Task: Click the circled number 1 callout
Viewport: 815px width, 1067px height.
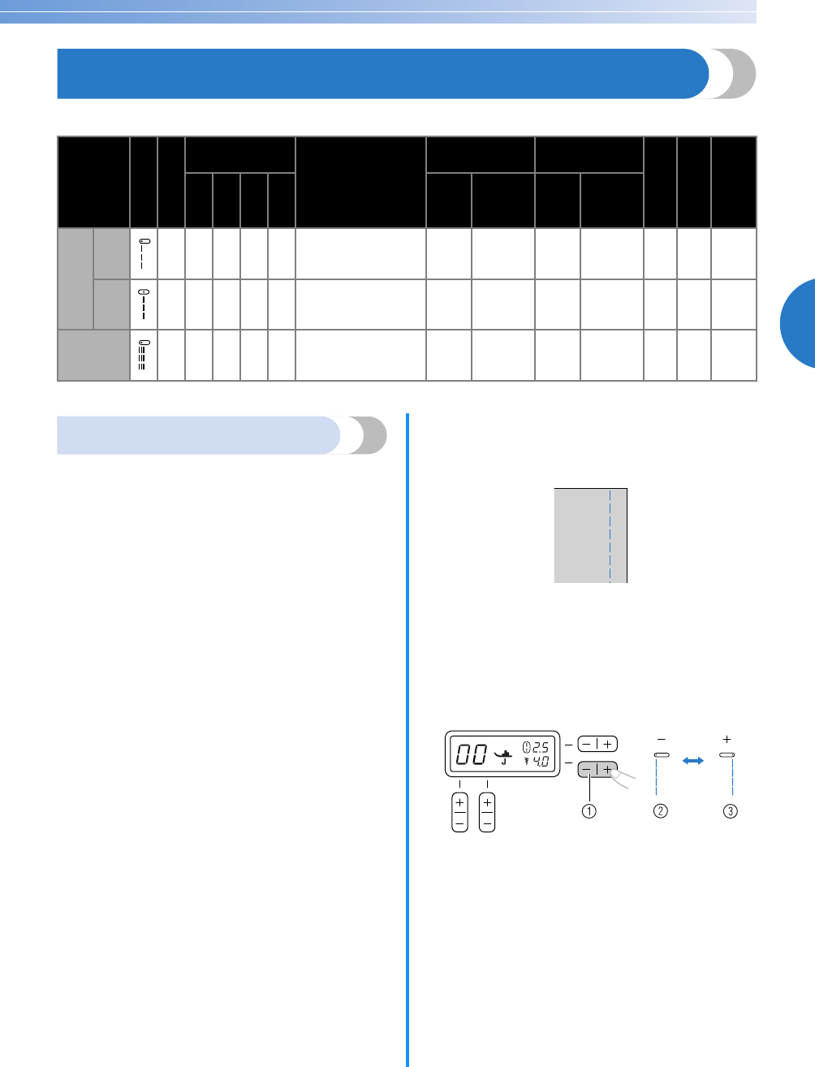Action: pyautogui.click(x=590, y=810)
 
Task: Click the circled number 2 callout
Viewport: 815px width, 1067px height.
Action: pyautogui.click(x=661, y=810)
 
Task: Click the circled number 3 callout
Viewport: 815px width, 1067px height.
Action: pyautogui.click(x=731, y=810)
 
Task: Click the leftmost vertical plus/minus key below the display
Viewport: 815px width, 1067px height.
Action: pyautogui.click(x=459, y=812)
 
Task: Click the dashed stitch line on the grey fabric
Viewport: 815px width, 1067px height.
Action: pyautogui.click(x=610, y=535)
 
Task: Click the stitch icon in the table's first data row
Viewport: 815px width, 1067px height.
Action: pyautogui.click(x=143, y=254)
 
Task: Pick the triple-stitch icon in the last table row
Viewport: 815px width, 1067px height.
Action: pyautogui.click(x=143, y=355)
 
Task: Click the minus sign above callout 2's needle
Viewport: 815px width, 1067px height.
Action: pyautogui.click(x=661, y=740)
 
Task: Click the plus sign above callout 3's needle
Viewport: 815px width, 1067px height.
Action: pyautogui.click(x=727, y=740)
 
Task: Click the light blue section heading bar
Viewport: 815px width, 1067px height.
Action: pyautogui.click(x=199, y=435)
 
